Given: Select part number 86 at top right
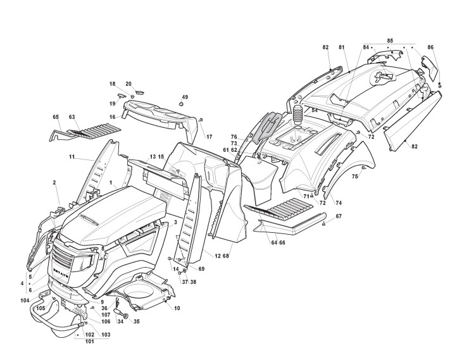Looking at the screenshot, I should [430, 47].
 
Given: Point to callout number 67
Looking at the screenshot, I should [339, 217].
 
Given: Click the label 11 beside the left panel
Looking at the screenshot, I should [72, 157].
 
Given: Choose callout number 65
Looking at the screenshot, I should [56, 117].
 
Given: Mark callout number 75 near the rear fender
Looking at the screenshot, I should [355, 177].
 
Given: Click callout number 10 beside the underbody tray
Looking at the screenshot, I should [177, 308].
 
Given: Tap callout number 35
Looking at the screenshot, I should [136, 321].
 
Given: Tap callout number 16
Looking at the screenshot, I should [111, 117].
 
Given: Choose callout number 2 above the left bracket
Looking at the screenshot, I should [54, 182].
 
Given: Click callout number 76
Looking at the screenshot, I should [234, 137].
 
